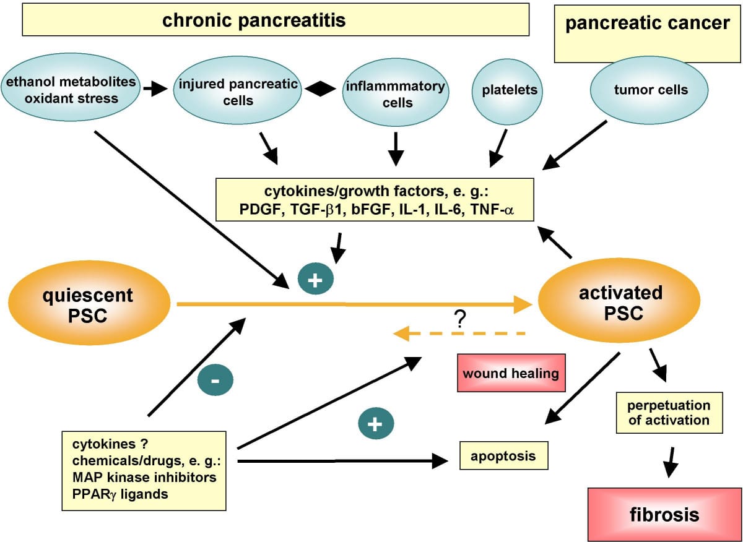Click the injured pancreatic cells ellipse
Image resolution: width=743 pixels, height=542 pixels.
point(238,92)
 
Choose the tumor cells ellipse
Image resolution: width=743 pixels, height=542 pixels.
point(651,90)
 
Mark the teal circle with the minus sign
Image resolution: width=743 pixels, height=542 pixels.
point(215,381)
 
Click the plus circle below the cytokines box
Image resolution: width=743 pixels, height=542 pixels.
point(315,280)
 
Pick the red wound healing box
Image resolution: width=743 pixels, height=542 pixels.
point(511,373)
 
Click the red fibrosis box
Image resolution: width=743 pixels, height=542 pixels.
point(664,514)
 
